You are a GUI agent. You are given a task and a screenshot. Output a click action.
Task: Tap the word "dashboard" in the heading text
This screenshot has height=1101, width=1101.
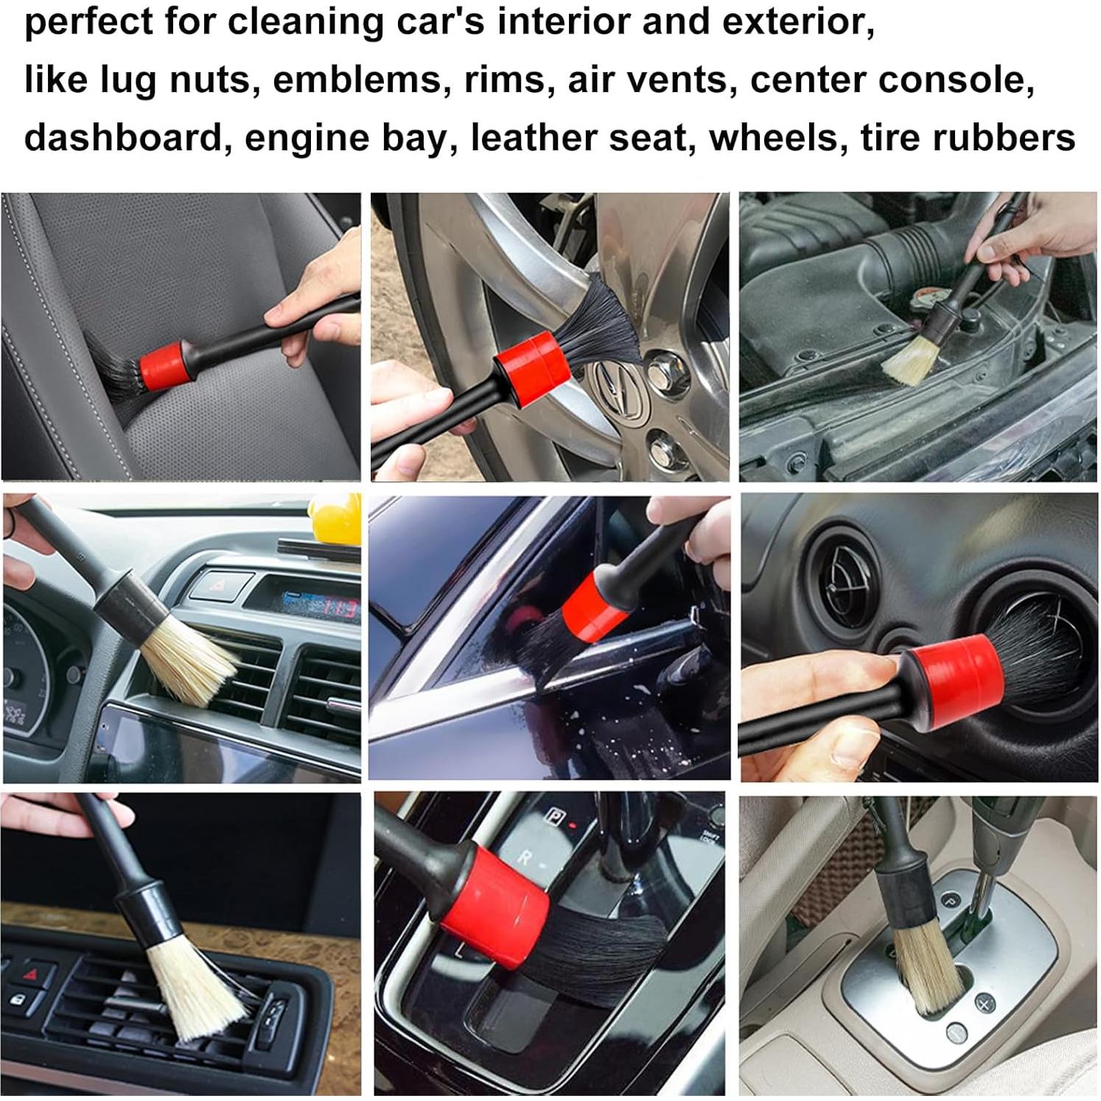(x=123, y=138)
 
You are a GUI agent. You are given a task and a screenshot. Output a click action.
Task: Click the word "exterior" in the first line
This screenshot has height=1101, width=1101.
(x=797, y=21)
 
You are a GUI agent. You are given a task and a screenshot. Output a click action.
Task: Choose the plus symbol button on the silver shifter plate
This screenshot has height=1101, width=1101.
(x=985, y=1003)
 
